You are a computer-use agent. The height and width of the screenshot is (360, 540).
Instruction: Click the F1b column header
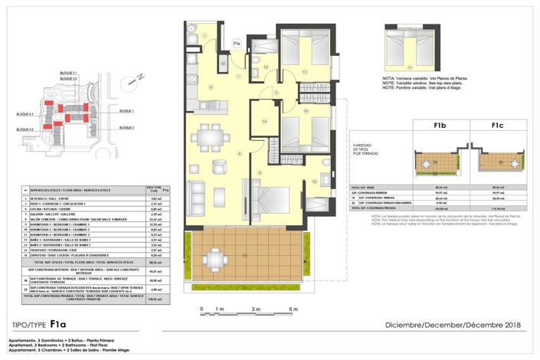tap(440, 127)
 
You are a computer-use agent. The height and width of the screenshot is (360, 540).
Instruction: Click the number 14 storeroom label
tap(265, 121)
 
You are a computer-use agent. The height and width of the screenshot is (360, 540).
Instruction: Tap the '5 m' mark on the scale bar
tap(293, 309)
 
